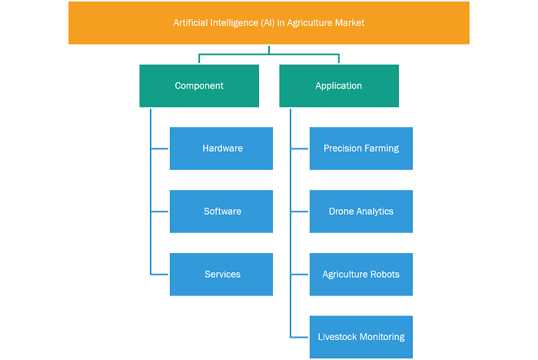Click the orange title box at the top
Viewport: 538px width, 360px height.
tap(269, 22)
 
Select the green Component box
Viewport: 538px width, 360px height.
tap(199, 86)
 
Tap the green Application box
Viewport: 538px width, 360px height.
tap(339, 86)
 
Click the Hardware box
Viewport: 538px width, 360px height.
tap(221, 148)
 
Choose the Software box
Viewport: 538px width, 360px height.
tap(221, 212)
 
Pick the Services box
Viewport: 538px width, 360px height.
tap(221, 275)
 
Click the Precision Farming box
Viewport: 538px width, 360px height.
tap(361, 148)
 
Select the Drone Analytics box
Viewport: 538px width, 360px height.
tap(361, 212)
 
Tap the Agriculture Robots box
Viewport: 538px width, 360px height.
tap(361, 275)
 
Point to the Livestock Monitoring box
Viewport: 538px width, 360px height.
tap(361, 337)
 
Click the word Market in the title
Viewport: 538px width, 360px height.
tap(350, 22)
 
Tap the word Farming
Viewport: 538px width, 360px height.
tap(382, 148)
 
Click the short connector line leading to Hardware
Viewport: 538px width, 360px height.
tap(160, 148)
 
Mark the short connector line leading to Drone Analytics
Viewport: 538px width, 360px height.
tap(300, 212)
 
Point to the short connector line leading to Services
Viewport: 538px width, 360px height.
tap(160, 275)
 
